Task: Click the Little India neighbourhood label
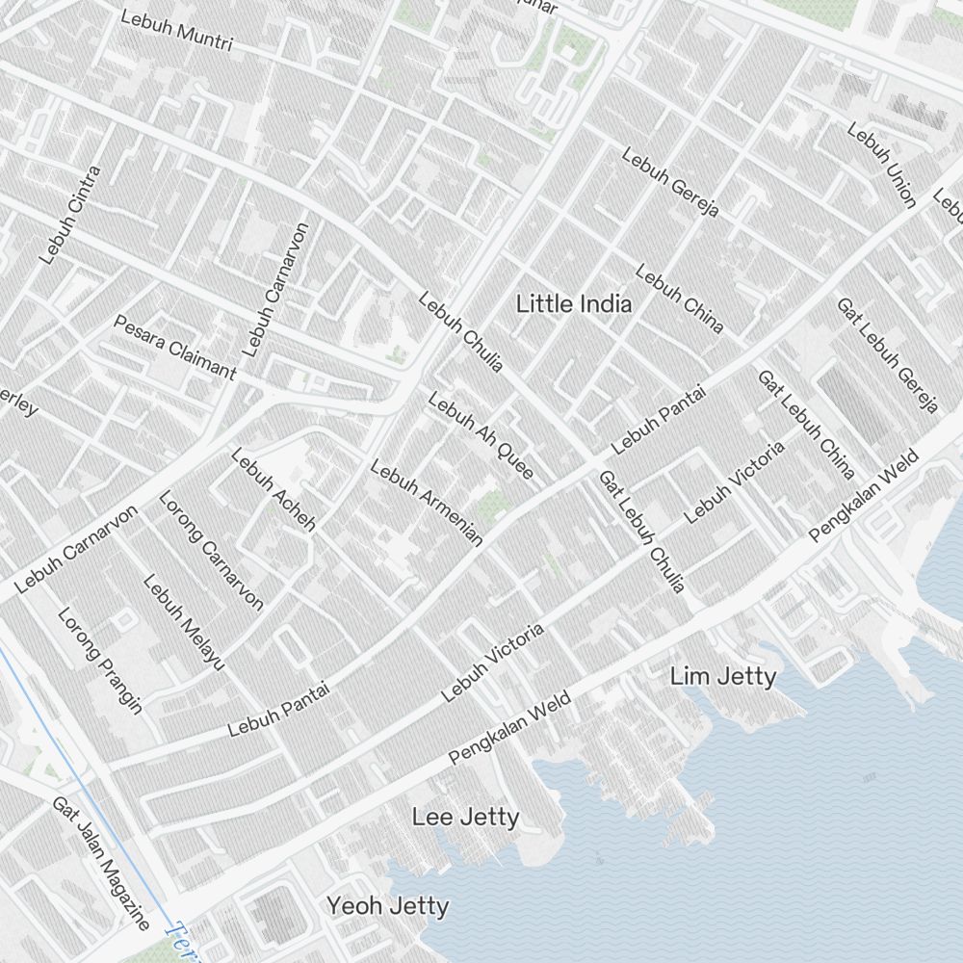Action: (x=574, y=304)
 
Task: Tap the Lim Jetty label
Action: (x=722, y=677)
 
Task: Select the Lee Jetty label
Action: (x=465, y=818)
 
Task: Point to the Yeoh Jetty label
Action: (x=387, y=906)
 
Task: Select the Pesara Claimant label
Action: (x=174, y=347)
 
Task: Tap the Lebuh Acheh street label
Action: (x=273, y=489)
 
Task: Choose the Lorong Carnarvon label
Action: (x=211, y=550)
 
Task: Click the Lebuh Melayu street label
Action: (x=184, y=622)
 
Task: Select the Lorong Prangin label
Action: (x=100, y=661)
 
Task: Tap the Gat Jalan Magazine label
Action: (x=101, y=863)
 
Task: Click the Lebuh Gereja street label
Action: (x=670, y=182)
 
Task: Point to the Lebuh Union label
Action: (x=881, y=165)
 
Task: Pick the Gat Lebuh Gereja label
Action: (x=887, y=354)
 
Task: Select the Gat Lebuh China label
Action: (x=807, y=425)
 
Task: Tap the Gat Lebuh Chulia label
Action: (x=641, y=532)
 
